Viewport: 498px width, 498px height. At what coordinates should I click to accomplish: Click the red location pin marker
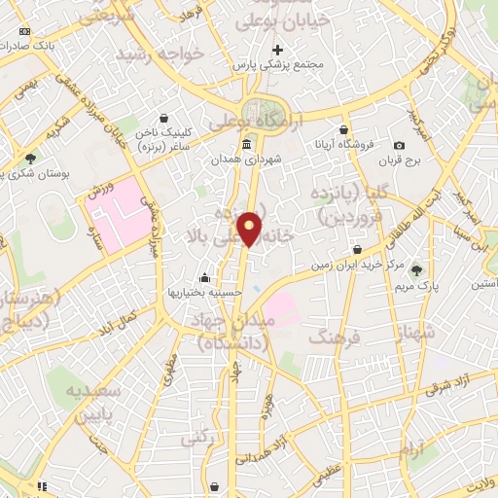(251, 228)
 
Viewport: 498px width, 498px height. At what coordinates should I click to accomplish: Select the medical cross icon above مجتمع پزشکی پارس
(278, 50)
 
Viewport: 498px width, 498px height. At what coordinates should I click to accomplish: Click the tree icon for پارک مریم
(417, 270)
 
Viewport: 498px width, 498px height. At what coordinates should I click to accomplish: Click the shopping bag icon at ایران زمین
(359, 249)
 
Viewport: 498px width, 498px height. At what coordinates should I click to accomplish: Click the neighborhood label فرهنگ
(334, 336)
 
